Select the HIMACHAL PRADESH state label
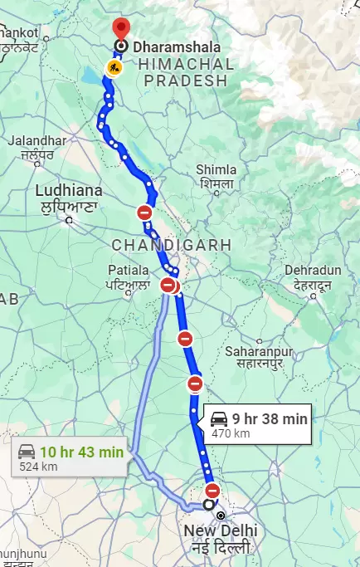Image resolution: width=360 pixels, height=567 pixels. point(185,71)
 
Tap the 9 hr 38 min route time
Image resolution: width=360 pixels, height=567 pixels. point(270,419)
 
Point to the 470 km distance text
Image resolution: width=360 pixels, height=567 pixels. point(231,433)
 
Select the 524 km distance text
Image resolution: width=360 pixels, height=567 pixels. point(38,467)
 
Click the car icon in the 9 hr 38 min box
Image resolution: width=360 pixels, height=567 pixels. point(219,418)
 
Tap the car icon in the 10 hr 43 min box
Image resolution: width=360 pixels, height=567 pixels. point(27,452)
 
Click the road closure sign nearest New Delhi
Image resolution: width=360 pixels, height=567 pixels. point(212,490)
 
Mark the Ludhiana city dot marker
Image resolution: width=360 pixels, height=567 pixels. point(69,220)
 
